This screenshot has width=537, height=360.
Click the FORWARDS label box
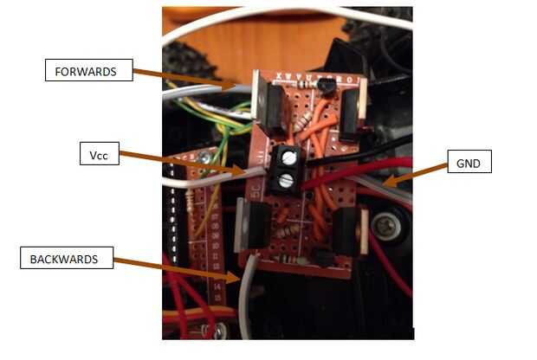coord(88,70)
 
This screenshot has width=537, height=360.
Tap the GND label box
coord(469,161)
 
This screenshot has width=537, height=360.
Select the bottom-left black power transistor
coord(253,227)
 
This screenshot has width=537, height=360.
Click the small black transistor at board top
coord(327,85)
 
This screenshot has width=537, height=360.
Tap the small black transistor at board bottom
coord(322,256)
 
